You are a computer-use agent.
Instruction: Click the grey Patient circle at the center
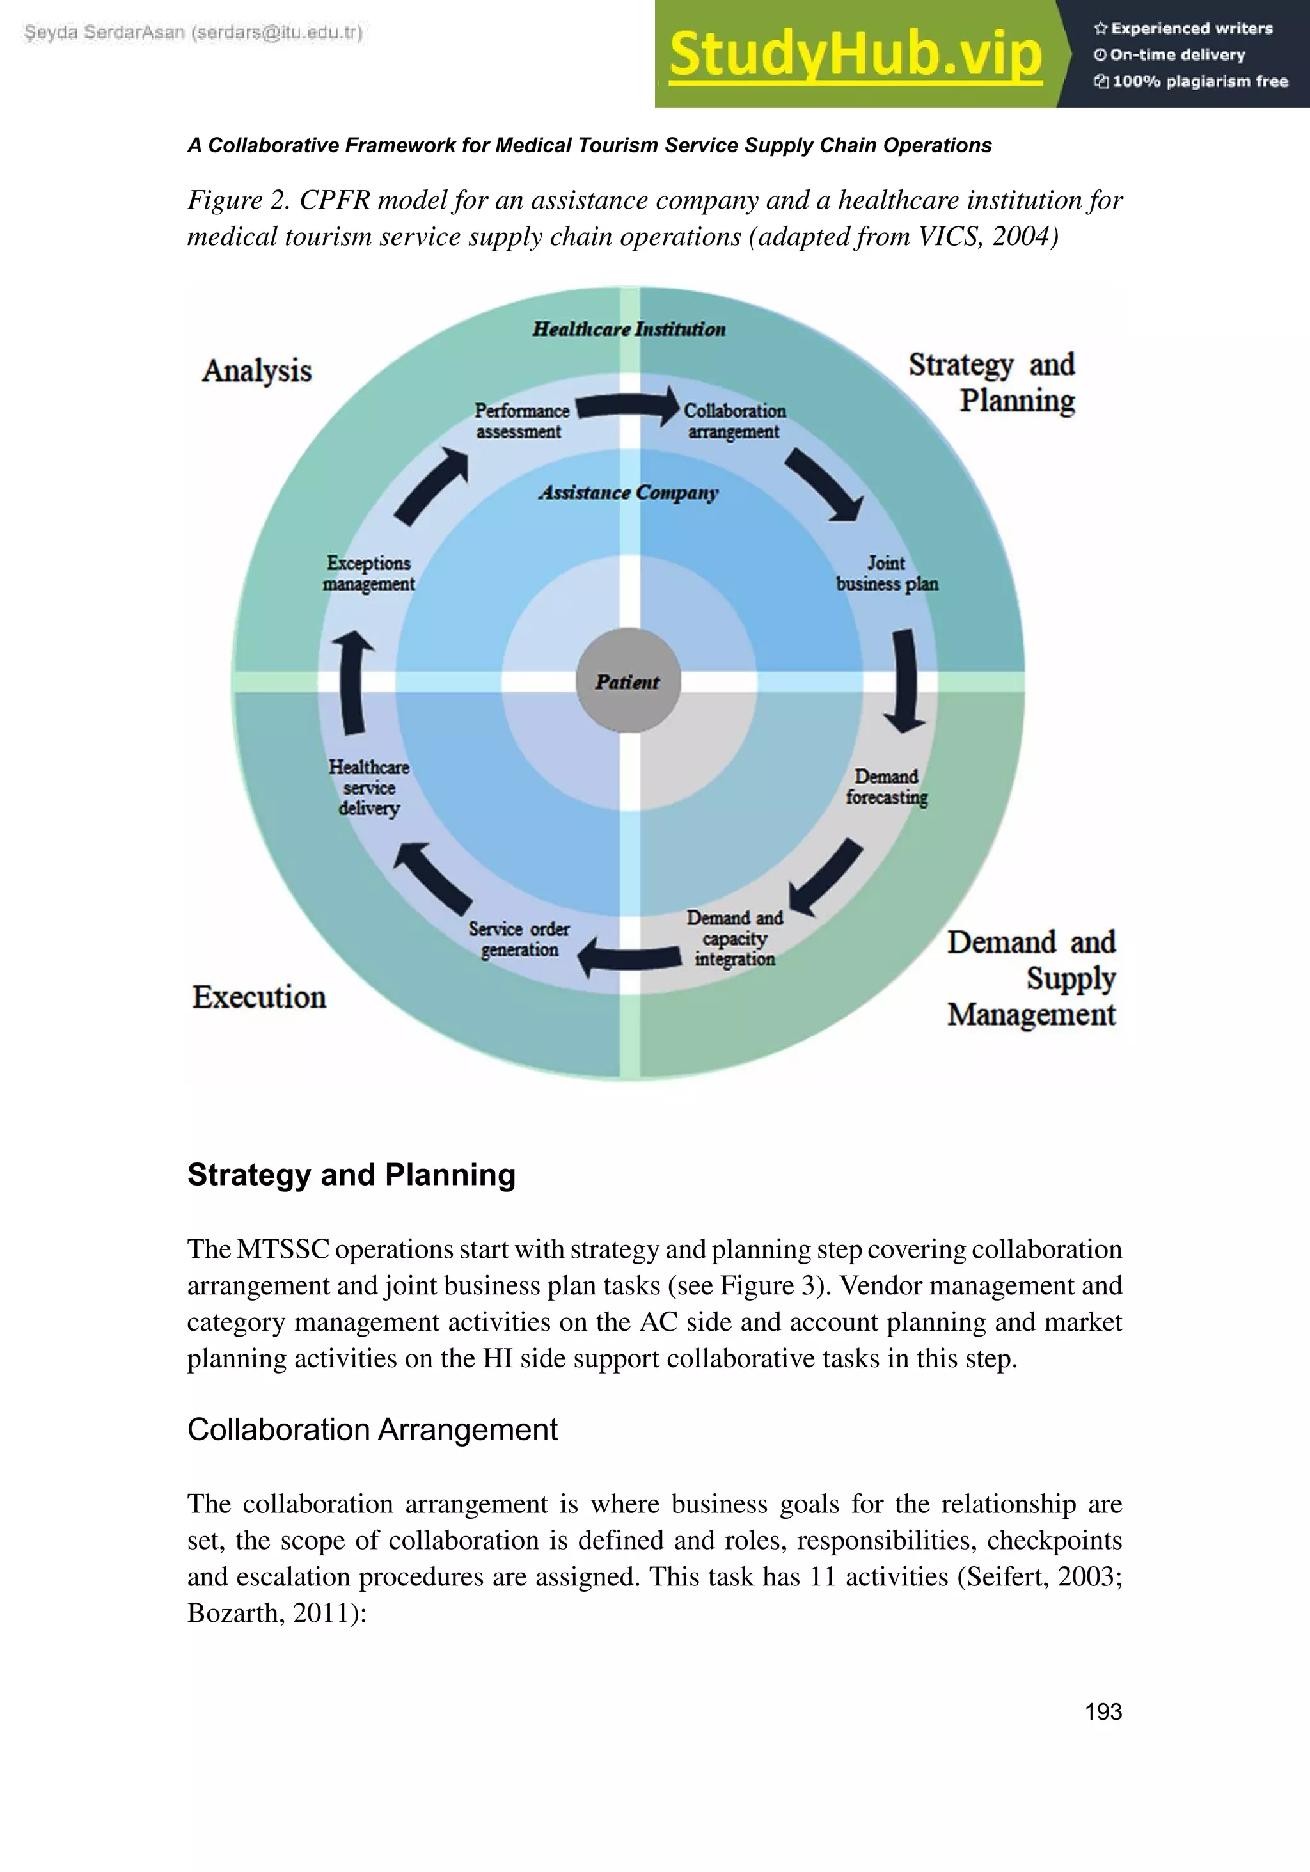(x=627, y=681)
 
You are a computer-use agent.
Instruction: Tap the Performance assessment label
(x=522, y=421)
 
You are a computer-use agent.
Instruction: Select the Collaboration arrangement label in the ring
(x=734, y=421)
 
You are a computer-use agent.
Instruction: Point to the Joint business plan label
(x=887, y=573)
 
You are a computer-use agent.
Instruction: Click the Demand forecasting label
(x=886, y=787)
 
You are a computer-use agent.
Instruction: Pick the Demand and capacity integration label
(x=734, y=939)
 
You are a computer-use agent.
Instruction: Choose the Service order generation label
(x=519, y=939)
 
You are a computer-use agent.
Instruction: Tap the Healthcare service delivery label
(x=369, y=788)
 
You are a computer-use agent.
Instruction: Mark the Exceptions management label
(x=368, y=573)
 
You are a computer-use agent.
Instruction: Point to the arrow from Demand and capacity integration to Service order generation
(x=629, y=956)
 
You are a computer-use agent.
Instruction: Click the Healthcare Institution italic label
(x=629, y=329)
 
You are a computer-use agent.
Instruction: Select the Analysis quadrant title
(x=256, y=371)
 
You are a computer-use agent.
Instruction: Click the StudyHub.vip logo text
(x=855, y=54)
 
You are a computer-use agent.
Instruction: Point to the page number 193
(x=1103, y=1711)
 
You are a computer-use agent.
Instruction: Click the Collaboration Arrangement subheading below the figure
(x=372, y=1429)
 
